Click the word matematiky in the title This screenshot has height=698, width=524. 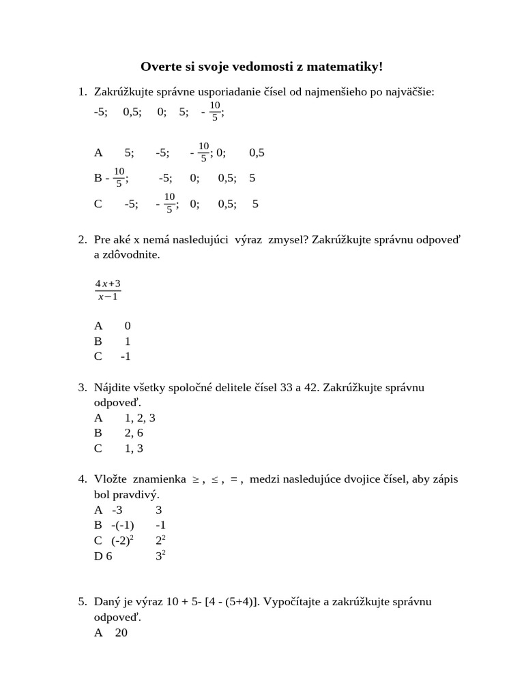pyautogui.click(x=346, y=66)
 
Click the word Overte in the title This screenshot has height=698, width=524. pyautogui.click(x=160, y=66)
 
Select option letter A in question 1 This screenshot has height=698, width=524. pyautogui.click(x=98, y=153)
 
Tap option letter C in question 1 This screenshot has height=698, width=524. pyautogui.click(x=98, y=203)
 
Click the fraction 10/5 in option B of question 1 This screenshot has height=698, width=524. pyautogui.click(x=119, y=177)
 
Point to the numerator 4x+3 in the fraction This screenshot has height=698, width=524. pyautogui.click(x=108, y=283)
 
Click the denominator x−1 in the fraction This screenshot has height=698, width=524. pyautogui.click(x=108, y=297)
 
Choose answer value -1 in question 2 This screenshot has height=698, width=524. pyautogui.click(x=126, y=356)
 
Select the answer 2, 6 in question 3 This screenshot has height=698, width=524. pyautogui.click(x=134, y=433)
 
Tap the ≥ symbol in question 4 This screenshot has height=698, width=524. pyautogui.click(x=194, y=480)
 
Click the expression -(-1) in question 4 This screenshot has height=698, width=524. pyautogui.click(x=123, y=525)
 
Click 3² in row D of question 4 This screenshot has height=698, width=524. pyautogui.click(x=161, y=556)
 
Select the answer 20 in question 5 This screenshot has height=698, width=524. pyautogui.click(x=121, y=633)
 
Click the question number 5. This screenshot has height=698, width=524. pyautogui.click(x=82, y=602)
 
